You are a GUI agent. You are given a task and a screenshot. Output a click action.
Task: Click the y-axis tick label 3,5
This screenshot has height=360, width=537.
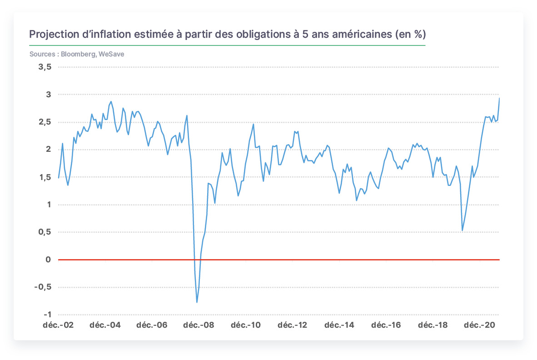pos(45,67)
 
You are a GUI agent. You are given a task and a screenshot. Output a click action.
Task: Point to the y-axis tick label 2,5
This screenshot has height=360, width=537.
pos(45,122)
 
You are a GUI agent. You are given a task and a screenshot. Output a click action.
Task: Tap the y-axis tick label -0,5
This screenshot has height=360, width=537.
pos(43,287)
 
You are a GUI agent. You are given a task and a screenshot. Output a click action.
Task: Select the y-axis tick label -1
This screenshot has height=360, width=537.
pos(48,315)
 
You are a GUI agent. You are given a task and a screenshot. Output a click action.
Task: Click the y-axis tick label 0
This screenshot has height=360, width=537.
pos(48,260)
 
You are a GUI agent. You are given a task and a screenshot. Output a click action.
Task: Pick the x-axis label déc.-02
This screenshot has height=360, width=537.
pos(58,325)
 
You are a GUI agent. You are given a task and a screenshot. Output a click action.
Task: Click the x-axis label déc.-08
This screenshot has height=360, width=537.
pos(199,325)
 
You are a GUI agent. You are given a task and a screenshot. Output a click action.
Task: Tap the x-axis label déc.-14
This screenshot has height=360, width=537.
pos(339,325)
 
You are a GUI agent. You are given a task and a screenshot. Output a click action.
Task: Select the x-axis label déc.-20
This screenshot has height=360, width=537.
pos(479,325)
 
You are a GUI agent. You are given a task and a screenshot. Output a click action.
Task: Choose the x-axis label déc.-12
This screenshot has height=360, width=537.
pos(292,325)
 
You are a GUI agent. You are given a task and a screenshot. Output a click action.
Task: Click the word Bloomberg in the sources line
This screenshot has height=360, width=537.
pos(78,54)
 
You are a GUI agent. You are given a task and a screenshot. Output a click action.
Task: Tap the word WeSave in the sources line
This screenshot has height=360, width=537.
pos(111,54)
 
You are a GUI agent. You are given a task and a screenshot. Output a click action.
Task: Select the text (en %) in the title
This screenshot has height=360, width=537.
pos(411,35)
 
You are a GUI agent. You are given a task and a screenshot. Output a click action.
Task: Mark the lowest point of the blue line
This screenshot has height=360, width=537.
pos(197,302)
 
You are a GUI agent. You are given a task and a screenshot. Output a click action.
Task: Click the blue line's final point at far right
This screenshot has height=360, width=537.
pos(499,98)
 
